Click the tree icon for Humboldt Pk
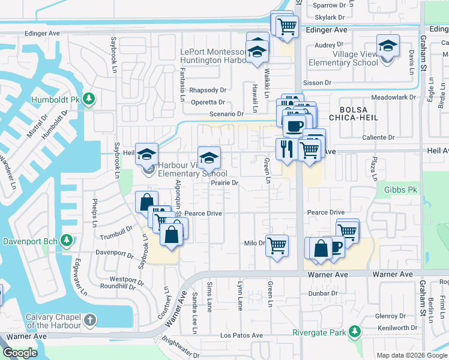89,98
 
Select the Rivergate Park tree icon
355,332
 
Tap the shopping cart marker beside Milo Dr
277,245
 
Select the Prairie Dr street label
225,183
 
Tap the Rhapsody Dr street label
207,90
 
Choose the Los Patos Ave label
241,335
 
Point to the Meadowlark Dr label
394,97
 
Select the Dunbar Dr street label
324,294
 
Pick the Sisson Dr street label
318,83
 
